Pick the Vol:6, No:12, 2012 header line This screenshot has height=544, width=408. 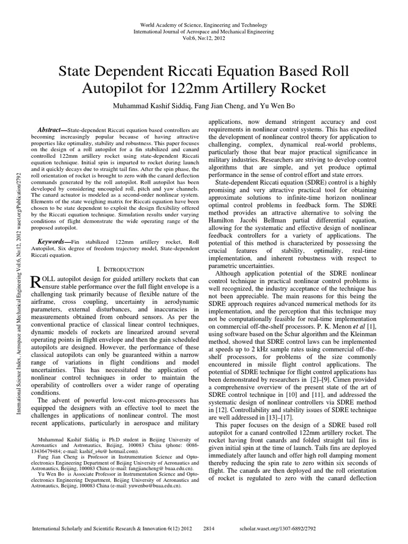point(204,39)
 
